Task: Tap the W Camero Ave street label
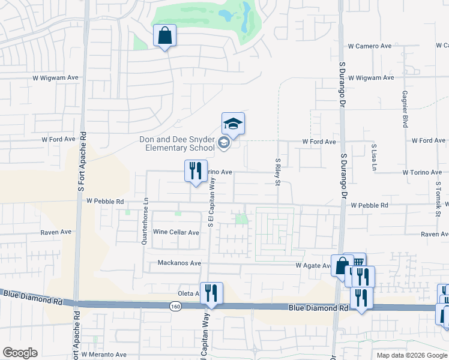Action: coord(370,46)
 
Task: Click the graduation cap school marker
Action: coord(233,124)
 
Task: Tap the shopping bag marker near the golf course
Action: coord(165,36)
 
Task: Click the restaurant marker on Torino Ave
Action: coord(195,171)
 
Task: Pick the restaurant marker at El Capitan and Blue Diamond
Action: coord(211,293)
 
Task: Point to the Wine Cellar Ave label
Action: coord(176,232)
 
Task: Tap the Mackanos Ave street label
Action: coord(179,263)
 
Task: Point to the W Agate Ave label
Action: coord(313,265)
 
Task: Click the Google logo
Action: coord(20,353)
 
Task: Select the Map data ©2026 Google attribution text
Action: coord(412,355)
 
